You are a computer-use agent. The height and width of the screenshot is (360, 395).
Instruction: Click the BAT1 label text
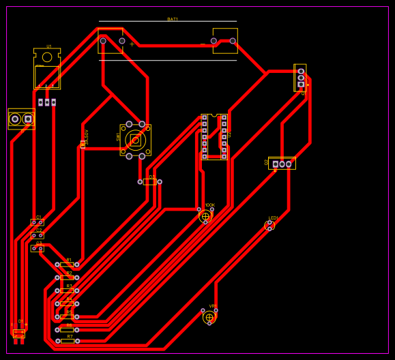click(173, 19)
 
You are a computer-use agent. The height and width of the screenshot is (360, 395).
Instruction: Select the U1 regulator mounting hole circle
click(47, 57)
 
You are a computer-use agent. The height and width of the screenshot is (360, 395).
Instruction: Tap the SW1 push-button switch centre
click(135, 140)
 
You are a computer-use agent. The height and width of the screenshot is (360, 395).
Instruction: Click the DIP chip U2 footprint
click(214, 136)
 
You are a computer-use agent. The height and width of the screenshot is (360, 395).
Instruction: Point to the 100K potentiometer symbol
click(205, 216)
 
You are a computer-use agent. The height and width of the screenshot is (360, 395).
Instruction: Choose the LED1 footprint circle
click(269, 226)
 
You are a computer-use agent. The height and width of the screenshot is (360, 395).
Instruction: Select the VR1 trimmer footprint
click(209, 317)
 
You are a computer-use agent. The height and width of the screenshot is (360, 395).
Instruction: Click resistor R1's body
click(67, 265)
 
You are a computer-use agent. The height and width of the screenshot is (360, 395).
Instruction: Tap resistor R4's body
click(67, 303)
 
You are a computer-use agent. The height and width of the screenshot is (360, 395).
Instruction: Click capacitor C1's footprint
click(38, 222)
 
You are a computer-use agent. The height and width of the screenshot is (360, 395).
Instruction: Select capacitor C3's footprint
click(38, 248)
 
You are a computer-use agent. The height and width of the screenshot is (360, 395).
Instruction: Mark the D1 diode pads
click(19, 333)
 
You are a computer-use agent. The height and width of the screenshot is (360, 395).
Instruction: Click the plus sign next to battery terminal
click(132, 44)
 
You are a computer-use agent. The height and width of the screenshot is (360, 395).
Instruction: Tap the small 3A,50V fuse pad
click(83, 144)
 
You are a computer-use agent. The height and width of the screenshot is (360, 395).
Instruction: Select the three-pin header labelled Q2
click(282, 164)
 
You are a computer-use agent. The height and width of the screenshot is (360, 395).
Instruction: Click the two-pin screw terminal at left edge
click(21, 119)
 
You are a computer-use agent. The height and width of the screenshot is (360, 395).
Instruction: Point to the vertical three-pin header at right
click(300, 77)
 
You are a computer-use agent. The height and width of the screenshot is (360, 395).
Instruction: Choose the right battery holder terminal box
click(225, 41)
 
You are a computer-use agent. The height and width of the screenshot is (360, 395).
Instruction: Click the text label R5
click(69, 312)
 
